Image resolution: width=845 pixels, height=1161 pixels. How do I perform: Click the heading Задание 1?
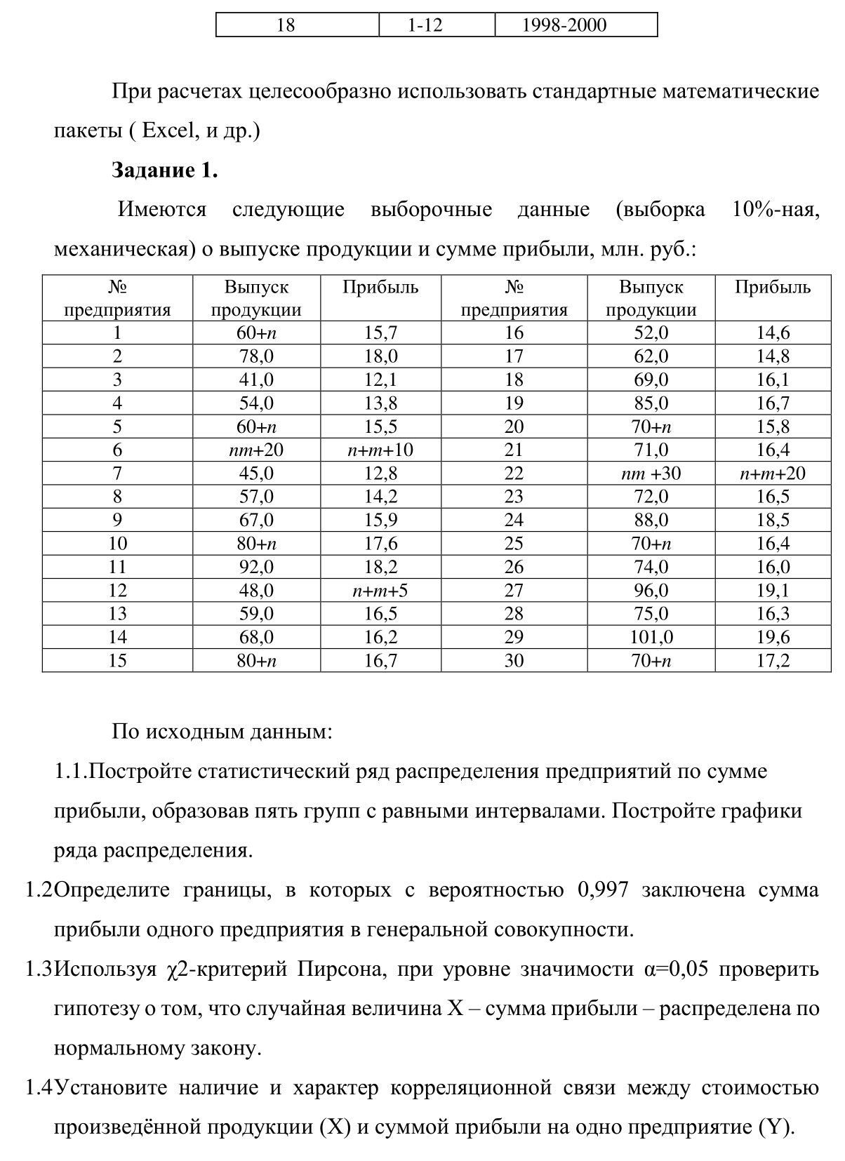coord(164,170)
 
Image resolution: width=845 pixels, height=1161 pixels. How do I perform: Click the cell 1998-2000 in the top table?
coord(564,25)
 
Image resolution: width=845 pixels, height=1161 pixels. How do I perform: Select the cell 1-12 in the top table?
coord(425,25)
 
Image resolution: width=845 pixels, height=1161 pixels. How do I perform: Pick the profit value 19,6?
coord(773,637)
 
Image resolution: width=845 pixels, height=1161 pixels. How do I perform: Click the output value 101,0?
coord(651,637)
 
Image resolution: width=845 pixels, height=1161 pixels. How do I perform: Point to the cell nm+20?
coord(256,450)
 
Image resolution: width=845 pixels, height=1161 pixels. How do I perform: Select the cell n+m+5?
coord(380,591)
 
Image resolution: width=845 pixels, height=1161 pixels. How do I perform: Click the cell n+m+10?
coord(380,450)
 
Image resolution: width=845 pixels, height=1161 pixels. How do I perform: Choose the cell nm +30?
coord(651,474)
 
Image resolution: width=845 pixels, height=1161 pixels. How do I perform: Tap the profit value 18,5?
coord(773,520)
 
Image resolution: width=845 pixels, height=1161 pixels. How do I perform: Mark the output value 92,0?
coord(256,567)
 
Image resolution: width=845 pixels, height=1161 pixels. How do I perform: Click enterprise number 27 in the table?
coord(514,591)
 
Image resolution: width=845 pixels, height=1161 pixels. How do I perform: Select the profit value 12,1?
coord(380,380)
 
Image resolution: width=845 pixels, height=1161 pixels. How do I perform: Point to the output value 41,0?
coord(256,380)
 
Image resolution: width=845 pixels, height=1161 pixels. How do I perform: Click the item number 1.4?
coord(39,1088)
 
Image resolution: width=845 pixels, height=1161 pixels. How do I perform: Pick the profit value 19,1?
coord(773,591)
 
